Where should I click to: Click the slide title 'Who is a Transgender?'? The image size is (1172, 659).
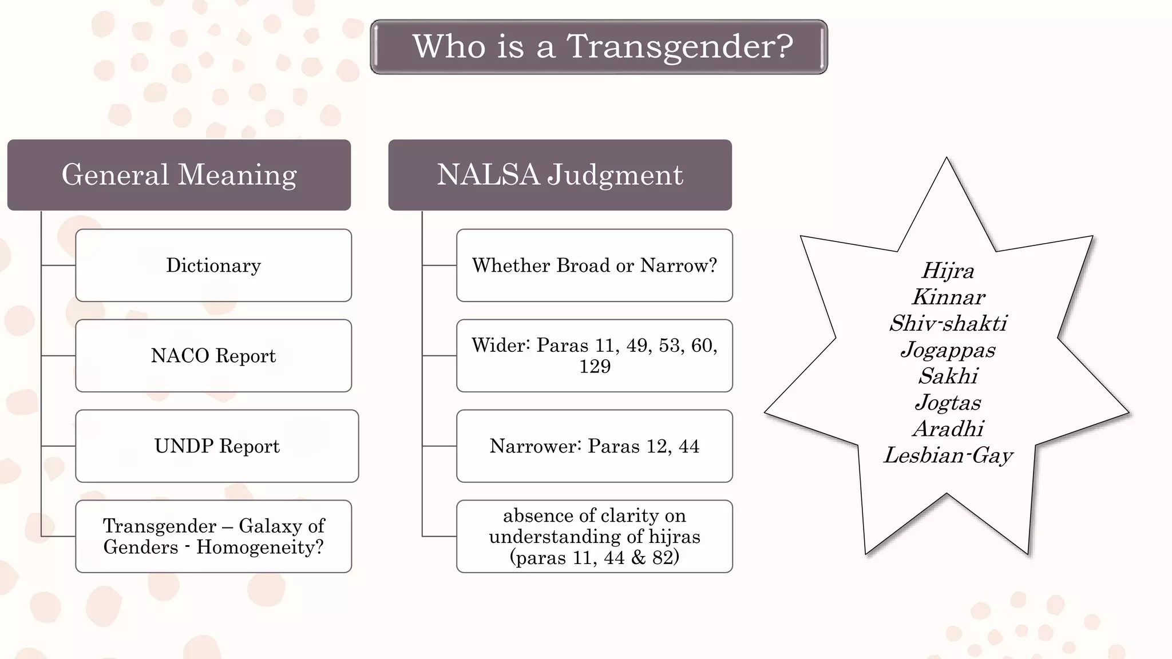click(602, 46)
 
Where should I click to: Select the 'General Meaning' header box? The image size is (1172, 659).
click(179, 174)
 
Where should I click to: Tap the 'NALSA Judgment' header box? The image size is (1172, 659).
click(560, 174)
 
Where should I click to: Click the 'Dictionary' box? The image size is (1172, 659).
click(213, 265)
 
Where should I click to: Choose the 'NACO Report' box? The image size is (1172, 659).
click(213, 356)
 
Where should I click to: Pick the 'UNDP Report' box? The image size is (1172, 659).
click(217, 446)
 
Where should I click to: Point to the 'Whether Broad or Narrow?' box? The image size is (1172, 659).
click(594, 265)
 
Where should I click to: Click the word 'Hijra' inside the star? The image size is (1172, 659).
click(948, 271)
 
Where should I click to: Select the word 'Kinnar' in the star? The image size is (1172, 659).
click(948, 297)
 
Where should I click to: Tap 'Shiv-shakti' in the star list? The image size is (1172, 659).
click(948, 324)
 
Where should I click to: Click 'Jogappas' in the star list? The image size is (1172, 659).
click(948, 350)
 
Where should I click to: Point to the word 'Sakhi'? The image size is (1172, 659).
click(948, 376)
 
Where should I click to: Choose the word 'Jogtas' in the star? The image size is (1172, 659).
click(948, 403)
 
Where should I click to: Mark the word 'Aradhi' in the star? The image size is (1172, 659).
click(948, 429)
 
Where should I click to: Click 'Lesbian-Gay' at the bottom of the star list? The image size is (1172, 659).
click(948, 455)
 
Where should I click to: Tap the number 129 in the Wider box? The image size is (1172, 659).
click(595, 367)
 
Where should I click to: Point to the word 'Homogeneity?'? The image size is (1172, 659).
click(260, 547)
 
